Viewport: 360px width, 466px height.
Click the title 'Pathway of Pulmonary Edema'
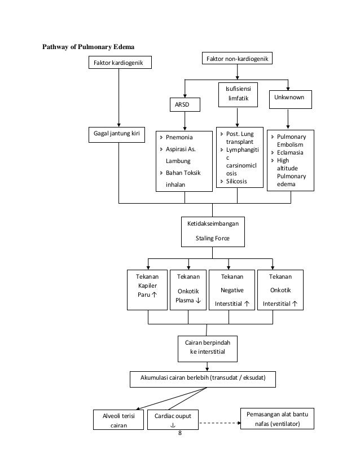coord(88,47)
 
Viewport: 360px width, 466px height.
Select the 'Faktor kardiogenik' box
coord(120,63)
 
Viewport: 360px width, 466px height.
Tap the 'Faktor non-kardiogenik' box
coord(237,58)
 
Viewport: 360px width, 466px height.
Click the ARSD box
coord(185,104)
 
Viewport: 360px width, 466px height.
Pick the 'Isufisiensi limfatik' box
coord(238,95)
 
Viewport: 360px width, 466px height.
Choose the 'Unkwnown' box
coord(291,99)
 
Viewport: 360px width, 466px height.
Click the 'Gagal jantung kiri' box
coord(117,135)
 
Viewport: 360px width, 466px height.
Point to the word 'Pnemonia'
coord(179,137)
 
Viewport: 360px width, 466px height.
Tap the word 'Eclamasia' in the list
coord(290,152)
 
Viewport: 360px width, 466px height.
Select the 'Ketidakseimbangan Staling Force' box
coord(213,232)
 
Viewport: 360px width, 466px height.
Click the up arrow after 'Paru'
coord(154,294)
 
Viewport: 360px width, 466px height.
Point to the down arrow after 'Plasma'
coord(198,301)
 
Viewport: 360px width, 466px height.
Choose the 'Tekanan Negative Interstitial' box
coord(232,290)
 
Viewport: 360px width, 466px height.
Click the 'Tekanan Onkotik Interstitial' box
coord(280,290)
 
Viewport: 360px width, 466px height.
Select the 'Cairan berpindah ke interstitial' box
coord(208,349)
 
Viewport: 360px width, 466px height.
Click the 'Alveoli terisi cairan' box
coord(118,420)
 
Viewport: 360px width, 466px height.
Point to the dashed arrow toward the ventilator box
coord(220,423)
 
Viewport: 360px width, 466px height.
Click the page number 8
coord(180,433)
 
